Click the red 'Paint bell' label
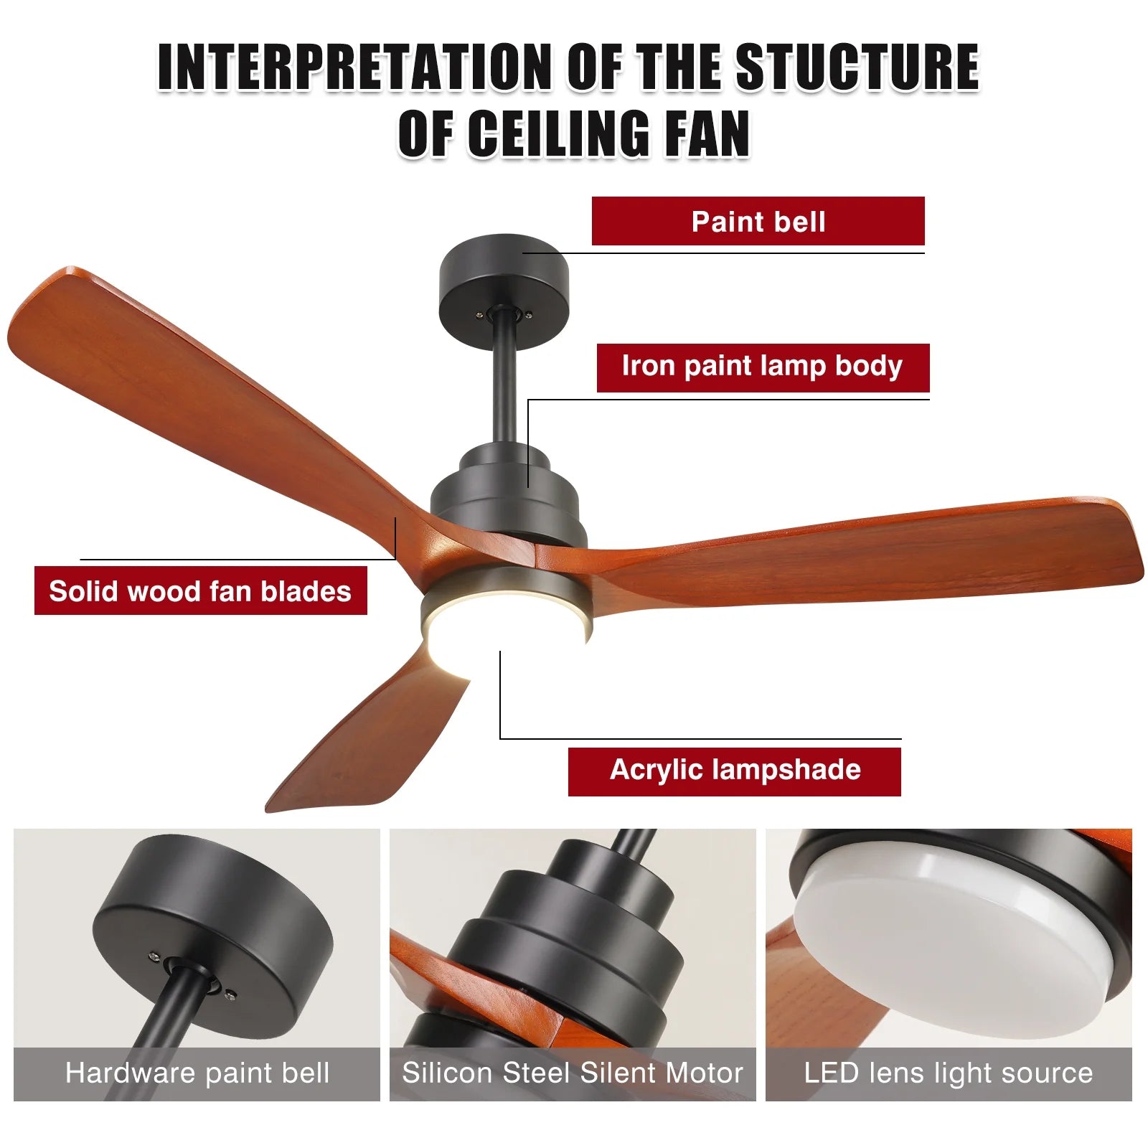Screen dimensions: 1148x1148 tap(758, 221)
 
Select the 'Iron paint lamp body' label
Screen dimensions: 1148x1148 tap(763, 367)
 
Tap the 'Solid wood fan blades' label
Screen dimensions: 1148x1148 tap(200, 591)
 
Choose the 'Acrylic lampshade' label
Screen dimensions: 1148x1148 tap(734, 771)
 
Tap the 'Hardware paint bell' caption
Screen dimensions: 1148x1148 tap(197, 1073)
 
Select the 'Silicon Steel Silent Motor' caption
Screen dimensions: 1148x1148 tap(573, 1073)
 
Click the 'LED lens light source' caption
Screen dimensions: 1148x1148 tap(949, 1073)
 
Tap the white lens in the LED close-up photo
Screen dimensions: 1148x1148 tap(954, 933)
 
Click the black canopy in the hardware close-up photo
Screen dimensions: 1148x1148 tap(215, 933)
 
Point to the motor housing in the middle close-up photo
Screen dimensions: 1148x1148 tap(567, 947)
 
